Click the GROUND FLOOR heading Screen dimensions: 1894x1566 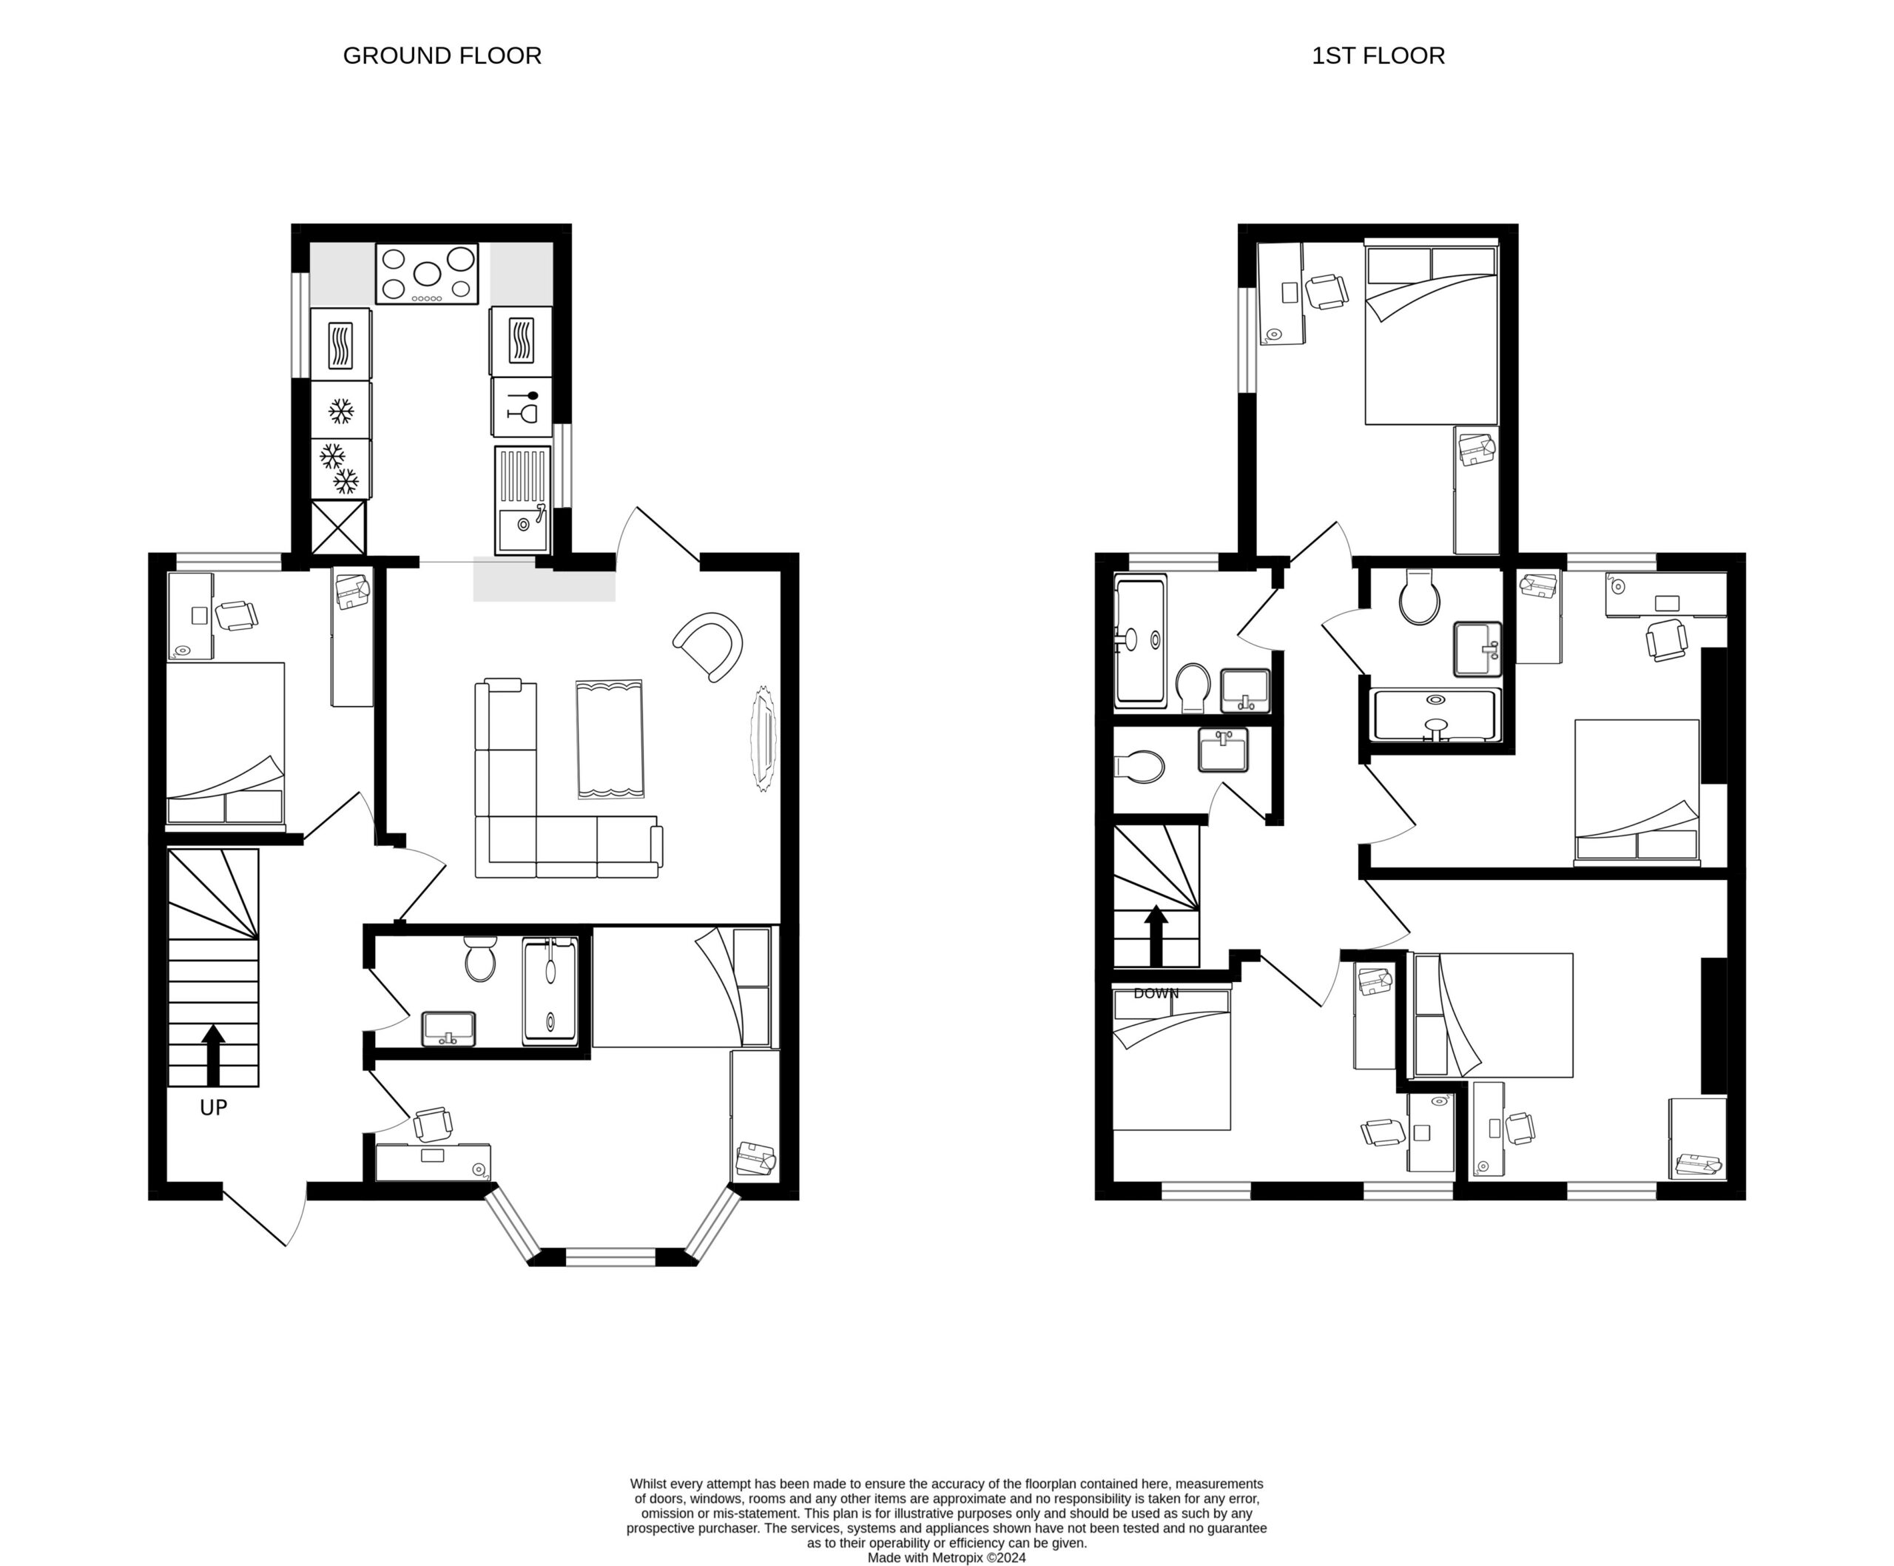[x=442, y=56]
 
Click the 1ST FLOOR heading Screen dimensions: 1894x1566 [x=1378, y=56]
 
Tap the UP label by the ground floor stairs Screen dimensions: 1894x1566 [x=214, y=1108]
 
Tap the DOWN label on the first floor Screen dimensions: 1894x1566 [x=1156, y=993]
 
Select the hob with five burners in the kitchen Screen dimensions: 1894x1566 [x=427, y=273]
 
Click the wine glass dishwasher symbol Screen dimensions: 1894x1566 [x=522, y=408]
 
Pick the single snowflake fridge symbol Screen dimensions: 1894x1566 [x=340, y=411]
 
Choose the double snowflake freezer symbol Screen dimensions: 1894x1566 [x=340, y=469]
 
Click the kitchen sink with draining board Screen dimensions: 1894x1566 [x=522, y=500]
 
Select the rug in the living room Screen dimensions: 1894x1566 [x=610, y=739]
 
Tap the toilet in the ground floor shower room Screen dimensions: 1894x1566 [x=481, y=958]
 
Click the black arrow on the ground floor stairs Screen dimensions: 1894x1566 [x=213, y=1055]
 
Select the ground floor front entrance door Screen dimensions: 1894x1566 [x=264, y=1218]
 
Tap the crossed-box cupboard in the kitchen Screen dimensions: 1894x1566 [x=338, y=528]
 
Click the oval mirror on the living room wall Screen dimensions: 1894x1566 [x=763, y=739]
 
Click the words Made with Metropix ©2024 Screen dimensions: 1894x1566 [x=946, y=1558]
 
